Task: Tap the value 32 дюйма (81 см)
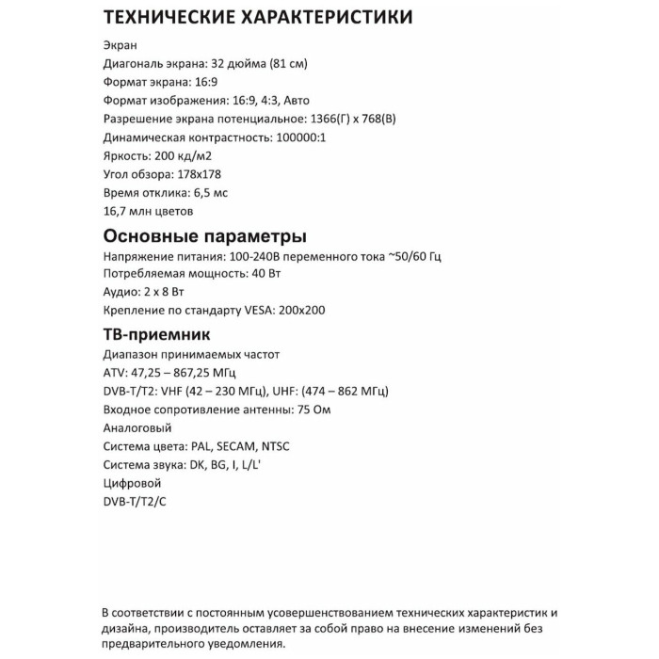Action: (x=256, y=64)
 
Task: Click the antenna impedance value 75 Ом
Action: (x=312, y=410)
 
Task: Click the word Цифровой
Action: (x=130, y=483)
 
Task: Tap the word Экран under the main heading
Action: (x=119, y=45)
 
